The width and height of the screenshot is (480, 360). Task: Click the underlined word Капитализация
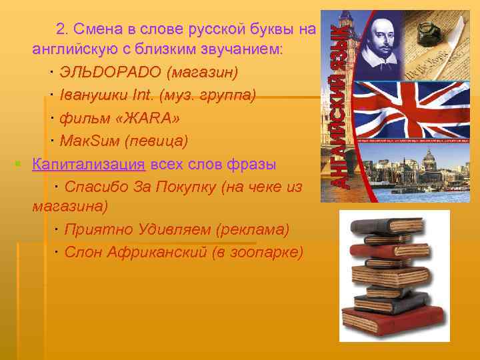(x=88, y=165)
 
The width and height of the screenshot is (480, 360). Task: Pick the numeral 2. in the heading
(x=62, y=28)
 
